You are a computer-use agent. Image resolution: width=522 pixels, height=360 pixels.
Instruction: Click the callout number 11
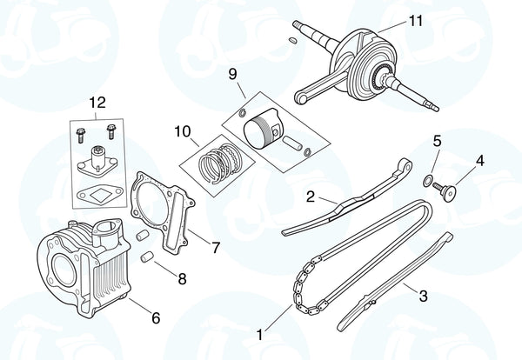413,22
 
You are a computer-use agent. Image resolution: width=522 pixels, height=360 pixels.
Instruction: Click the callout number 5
437,140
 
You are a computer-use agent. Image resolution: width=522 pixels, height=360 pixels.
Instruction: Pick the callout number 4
478,160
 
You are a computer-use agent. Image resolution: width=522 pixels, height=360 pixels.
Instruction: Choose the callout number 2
310,197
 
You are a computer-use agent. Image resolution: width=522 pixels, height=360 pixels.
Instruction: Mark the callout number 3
423,297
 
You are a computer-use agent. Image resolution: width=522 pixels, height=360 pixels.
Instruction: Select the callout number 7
217,248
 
